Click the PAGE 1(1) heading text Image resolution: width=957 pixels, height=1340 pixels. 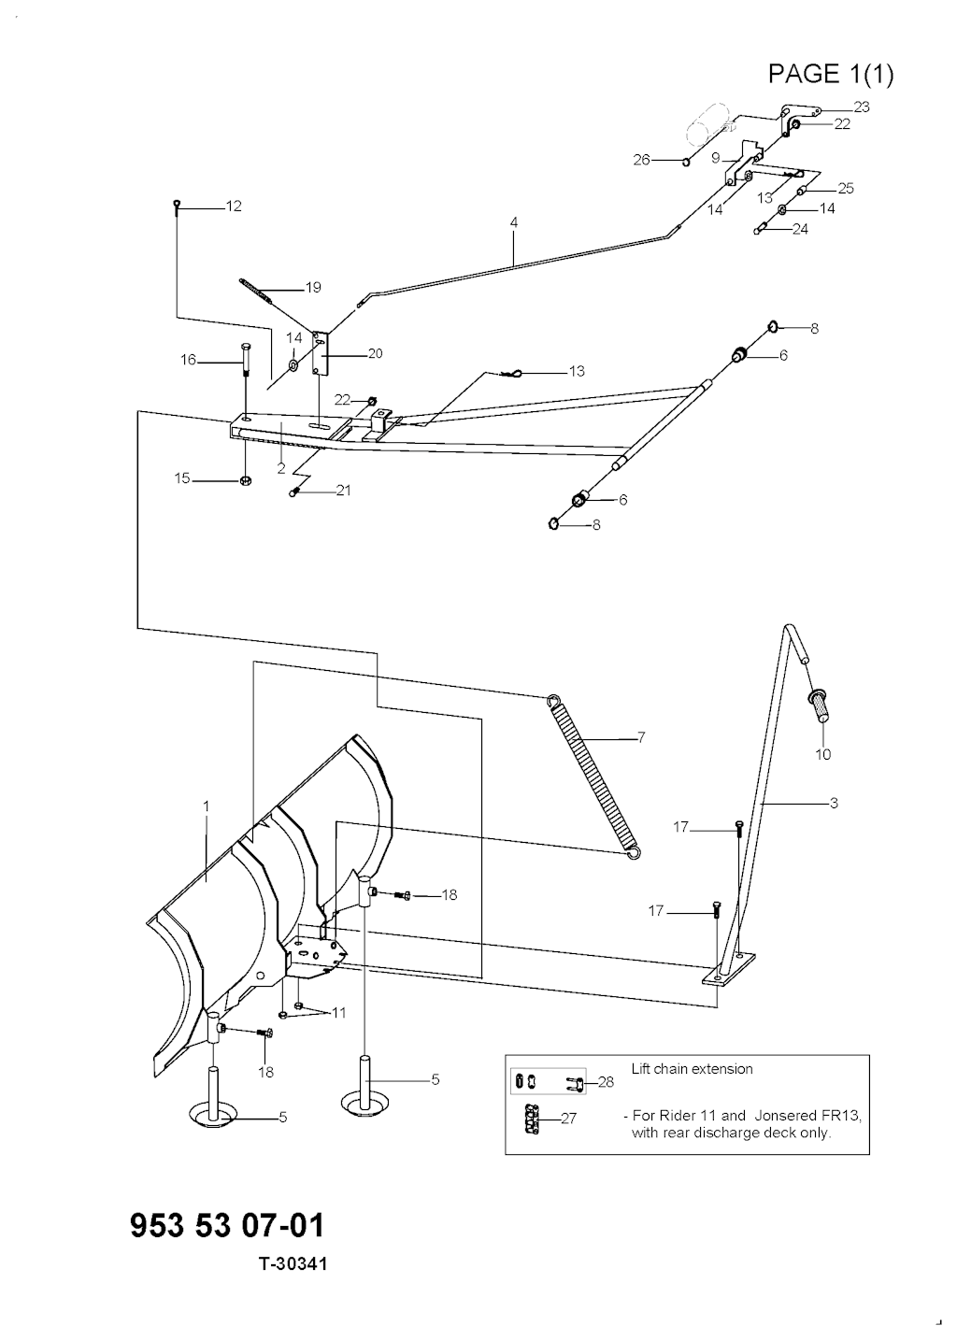(x=830, y=74)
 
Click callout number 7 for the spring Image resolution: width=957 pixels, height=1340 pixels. (x=641, y=737)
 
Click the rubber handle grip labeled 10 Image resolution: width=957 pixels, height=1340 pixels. (x=820, y=706)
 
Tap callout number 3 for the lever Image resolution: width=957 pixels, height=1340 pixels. (x=834, y=803)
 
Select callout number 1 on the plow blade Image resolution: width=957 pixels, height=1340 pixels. (x=207, y=806)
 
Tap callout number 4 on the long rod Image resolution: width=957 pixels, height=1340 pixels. (x=514, y=222)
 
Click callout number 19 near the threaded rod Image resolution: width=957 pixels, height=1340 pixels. (x=313, y=288)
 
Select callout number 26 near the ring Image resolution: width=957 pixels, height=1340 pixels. (x=641, y=160)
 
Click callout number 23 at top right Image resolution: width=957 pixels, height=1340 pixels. (x=862, y=107)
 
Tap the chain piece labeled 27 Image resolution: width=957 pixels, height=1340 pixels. (x=532, y=1118)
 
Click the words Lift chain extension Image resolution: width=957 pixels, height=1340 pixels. (x=692, y=1068)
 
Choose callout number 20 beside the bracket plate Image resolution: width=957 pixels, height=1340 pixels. (x=375, y=353)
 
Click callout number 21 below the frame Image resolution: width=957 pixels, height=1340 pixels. (x=343, y=491)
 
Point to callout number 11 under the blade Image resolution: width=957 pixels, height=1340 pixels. (x=339, y=1013)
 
